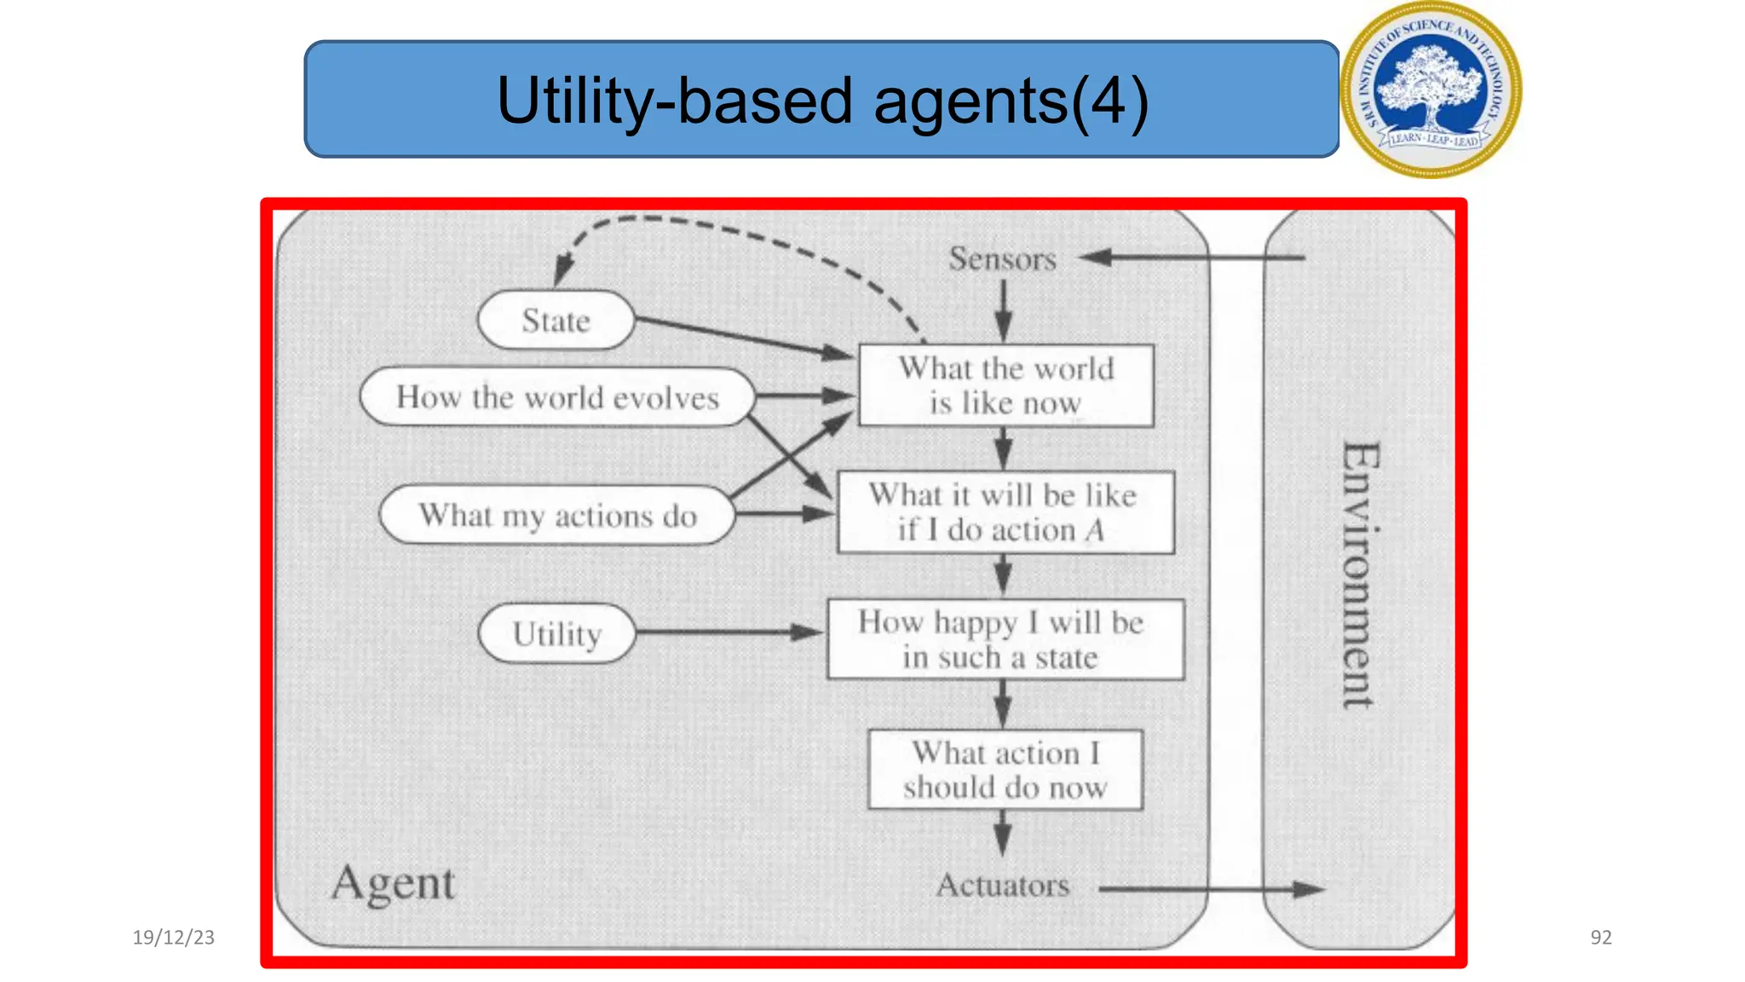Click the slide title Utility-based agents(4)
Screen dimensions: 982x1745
[821, 100]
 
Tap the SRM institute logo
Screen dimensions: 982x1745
[1431, 90]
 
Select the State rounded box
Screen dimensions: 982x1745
[556, 321]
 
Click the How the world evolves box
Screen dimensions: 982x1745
[557, 397]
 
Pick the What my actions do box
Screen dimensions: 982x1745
[557, 515]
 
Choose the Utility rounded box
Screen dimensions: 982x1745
[557, 633]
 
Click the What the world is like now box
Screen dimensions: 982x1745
[1005, 385]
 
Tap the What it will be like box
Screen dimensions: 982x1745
[1005, 512]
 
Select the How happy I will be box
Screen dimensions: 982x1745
[1005, 639]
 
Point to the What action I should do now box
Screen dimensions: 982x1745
[1005, 770]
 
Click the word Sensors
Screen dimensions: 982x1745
[1002, 259]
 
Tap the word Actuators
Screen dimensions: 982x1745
[1002, 886]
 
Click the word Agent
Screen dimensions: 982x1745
[394, 884]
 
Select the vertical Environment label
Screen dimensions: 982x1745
[1359, 575]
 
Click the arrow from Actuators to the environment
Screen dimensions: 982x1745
[1210, 889]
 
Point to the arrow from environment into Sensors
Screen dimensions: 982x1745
[1193, 257]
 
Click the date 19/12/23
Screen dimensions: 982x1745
[174, 938]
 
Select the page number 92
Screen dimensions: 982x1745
[1601, 938]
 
